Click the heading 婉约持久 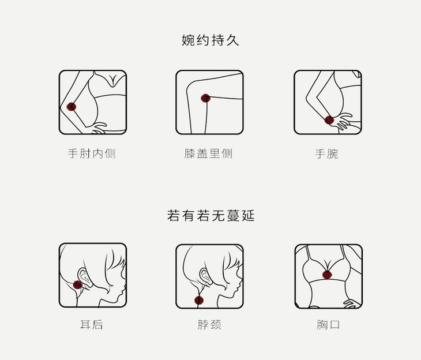(x=210, y=40)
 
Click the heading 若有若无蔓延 (x=210, y=216)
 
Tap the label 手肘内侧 (x=92, y=154)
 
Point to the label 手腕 (x=326, y=154)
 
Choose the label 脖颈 (x=209, y=325)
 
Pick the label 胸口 (x=328, y=325)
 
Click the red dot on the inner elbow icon (x=72, y=107)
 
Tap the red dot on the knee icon (x=205, y=98)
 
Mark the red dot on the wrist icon (x=329, y=120)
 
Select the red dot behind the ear (x=78, y=284)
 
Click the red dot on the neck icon (x=199, y=299)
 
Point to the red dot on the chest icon (x=328, y=274)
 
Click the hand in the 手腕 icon (x=344, y=122)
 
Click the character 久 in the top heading (x=232, y=40)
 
